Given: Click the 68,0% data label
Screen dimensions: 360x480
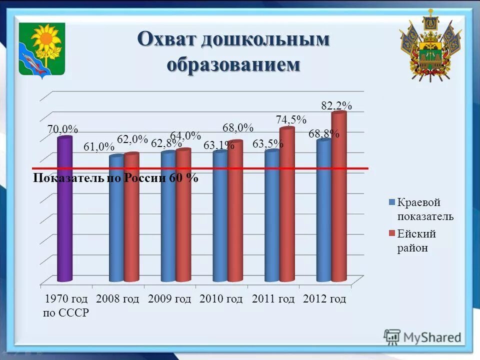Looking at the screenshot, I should [x=238, y=128].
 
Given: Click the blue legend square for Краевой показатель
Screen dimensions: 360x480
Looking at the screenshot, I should [x=392, y=202].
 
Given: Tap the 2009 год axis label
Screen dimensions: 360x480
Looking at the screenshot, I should [x=169, y=299].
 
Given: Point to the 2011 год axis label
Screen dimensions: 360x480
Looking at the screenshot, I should [x=273, y=299].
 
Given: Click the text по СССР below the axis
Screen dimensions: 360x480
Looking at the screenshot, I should [x=66, y=313].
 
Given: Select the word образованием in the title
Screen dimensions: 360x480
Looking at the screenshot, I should [x=233, y=63].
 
